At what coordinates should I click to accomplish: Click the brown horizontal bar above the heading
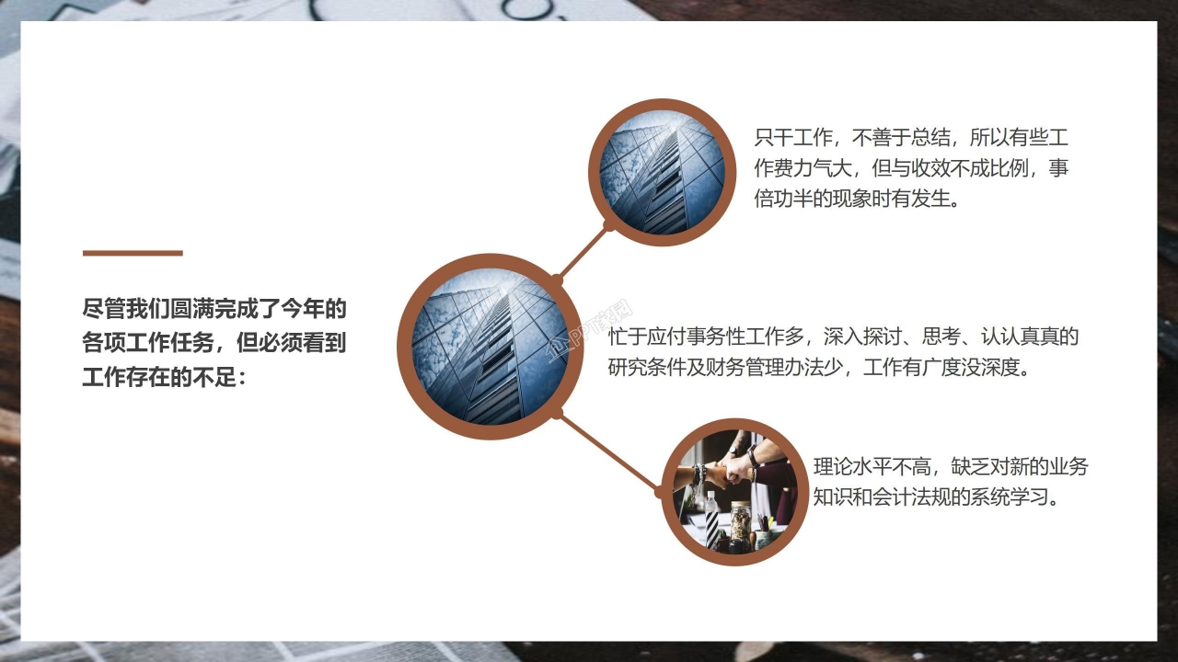(x=133, y=253)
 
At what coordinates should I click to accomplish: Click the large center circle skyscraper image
(x=491, y=347)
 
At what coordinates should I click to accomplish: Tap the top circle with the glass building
(x=662, y=172)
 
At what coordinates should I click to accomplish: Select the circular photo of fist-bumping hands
(x=734, y=492)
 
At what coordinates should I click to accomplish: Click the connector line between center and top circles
(x=583, y=251)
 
